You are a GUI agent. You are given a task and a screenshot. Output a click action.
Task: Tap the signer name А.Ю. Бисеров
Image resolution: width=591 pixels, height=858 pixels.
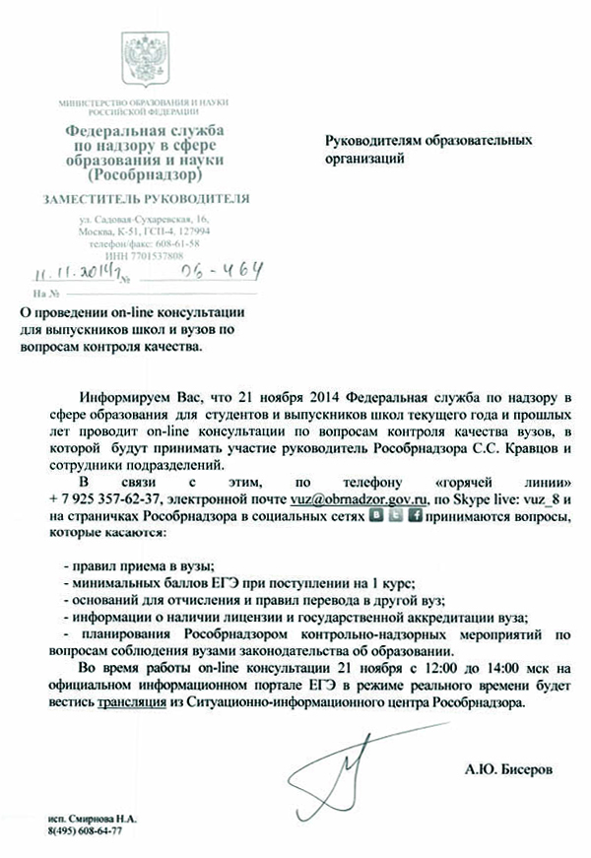pyautogui.click(x=503, y=765)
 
